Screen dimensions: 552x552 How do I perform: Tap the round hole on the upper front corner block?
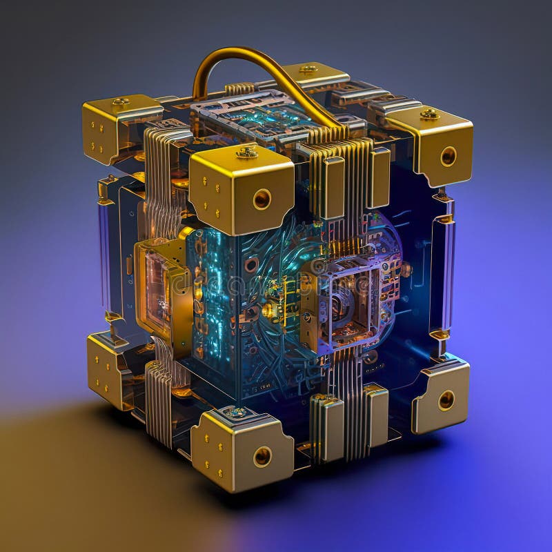tap(262, 199)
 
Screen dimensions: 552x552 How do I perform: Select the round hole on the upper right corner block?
tap(448, 156)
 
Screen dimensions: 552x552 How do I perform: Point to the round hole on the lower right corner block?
tap(446, 400)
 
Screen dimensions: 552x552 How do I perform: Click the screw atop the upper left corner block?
tap(121, 102)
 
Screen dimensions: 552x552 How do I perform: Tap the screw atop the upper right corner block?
tap(429, 113)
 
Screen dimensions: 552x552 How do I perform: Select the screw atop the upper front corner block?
tap(246, 152)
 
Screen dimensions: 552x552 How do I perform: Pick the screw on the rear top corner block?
tap(308, 68)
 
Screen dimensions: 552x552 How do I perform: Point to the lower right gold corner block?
tap(442, 397)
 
